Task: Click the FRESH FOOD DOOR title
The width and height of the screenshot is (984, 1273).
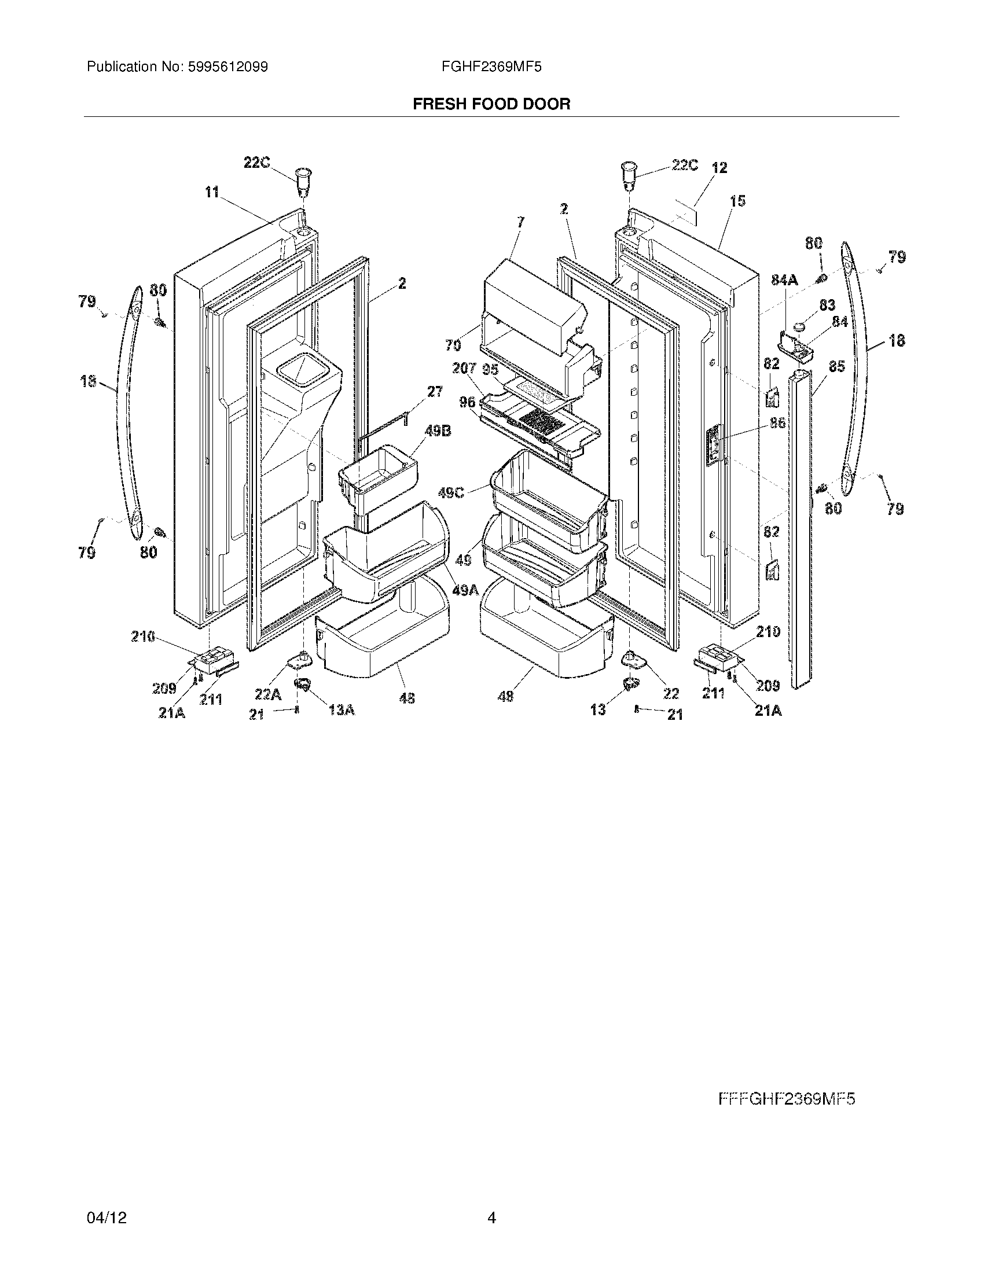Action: (491, 104)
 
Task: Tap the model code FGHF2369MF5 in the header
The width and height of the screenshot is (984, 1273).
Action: (491, 67)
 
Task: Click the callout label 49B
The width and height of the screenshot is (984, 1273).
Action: (438, 432)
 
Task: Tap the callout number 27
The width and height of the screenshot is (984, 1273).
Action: (435, 392)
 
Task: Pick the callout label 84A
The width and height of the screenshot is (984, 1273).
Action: (784, 281)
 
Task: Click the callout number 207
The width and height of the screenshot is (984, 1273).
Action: (465, 369)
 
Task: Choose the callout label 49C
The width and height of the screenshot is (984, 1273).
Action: (451, 493)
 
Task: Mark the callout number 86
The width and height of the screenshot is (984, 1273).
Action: (777, 423)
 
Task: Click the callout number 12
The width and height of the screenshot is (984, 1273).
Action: (720, 168)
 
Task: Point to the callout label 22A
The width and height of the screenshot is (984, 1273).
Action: (267, 694)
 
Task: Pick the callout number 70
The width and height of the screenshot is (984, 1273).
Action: (453, 345)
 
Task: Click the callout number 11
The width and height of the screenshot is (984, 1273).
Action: (211, 192)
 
